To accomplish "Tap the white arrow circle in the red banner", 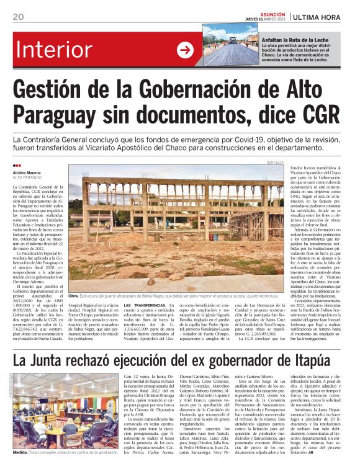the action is [185, 50].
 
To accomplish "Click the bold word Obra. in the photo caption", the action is [73, 297].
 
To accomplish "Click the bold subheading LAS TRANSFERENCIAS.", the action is [143, 306].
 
